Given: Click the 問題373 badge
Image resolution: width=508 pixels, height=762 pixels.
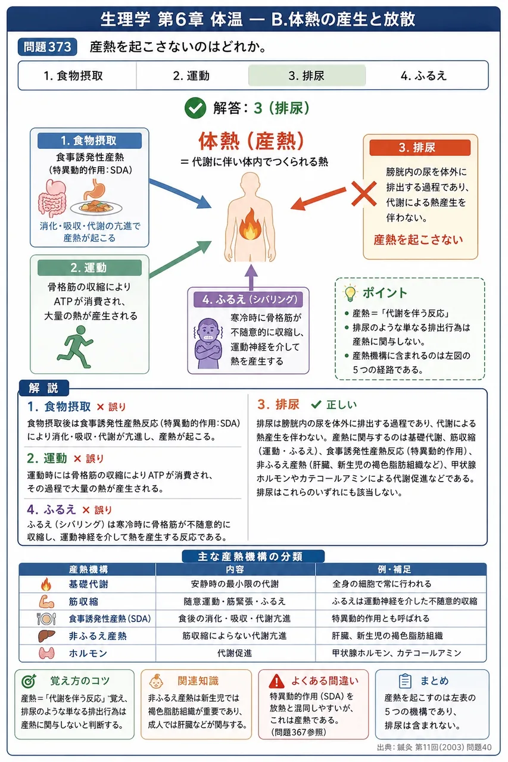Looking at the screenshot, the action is pos(47,47).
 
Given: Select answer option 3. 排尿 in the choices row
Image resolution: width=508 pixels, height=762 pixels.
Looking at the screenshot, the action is pos(307,76).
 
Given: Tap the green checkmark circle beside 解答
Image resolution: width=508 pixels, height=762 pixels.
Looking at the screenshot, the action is pos(195,108).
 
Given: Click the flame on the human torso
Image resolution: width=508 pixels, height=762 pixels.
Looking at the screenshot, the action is pos(250,224).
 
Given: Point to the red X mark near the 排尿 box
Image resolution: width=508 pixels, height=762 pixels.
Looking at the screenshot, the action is pos(364,193).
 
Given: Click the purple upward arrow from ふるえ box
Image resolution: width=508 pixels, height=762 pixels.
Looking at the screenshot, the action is pos(251,277).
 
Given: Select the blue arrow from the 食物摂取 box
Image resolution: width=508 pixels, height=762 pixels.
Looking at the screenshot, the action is pos(180,193).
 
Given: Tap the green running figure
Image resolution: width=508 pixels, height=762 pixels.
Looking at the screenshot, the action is pos(76,346).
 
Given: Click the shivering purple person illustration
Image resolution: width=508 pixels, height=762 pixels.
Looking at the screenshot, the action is pos(208,343).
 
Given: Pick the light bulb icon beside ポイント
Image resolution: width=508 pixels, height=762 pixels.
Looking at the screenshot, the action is pos(350,293).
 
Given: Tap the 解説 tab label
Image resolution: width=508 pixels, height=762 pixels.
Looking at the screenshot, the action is pos(43,388).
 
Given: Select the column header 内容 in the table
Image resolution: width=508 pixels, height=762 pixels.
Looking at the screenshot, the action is pos(235,570).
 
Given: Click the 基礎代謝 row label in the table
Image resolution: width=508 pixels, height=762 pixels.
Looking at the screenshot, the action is pos(89,584).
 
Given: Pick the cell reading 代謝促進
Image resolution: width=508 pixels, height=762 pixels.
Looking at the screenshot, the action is pos(235,653).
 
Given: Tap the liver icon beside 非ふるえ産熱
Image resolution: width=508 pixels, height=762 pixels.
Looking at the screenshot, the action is pos(46,636).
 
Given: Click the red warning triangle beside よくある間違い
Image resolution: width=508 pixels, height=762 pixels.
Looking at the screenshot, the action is pos(276,680).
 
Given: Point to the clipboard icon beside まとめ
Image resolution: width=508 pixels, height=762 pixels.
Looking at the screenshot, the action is pos(405,680).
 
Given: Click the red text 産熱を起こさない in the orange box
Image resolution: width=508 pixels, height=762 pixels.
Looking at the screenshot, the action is pos(418,240).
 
